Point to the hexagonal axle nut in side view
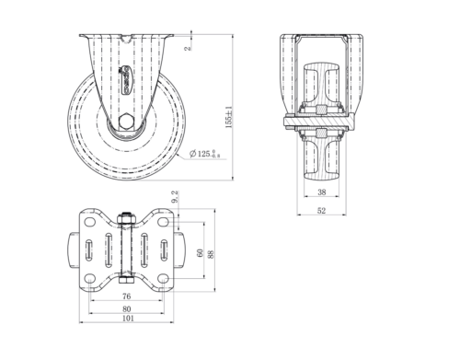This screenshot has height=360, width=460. pyautogui.click(x=127, y=122)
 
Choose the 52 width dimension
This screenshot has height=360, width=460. pyautogui.click(x=322, y=210)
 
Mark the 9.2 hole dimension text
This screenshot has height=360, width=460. pyautogui.click(x=175, y=196)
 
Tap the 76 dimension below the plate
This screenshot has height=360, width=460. pyautogui.click(x=127, y=296)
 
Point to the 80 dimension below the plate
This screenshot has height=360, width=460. pyautogui.click(x=127, y=308)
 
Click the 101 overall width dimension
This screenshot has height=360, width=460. pyautogui.click(x=127, y=320)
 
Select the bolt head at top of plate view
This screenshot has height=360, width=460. pyautogui.click(x=127, y=217)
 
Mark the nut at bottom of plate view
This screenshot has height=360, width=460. pyautogui.click(x=127, y=282)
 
